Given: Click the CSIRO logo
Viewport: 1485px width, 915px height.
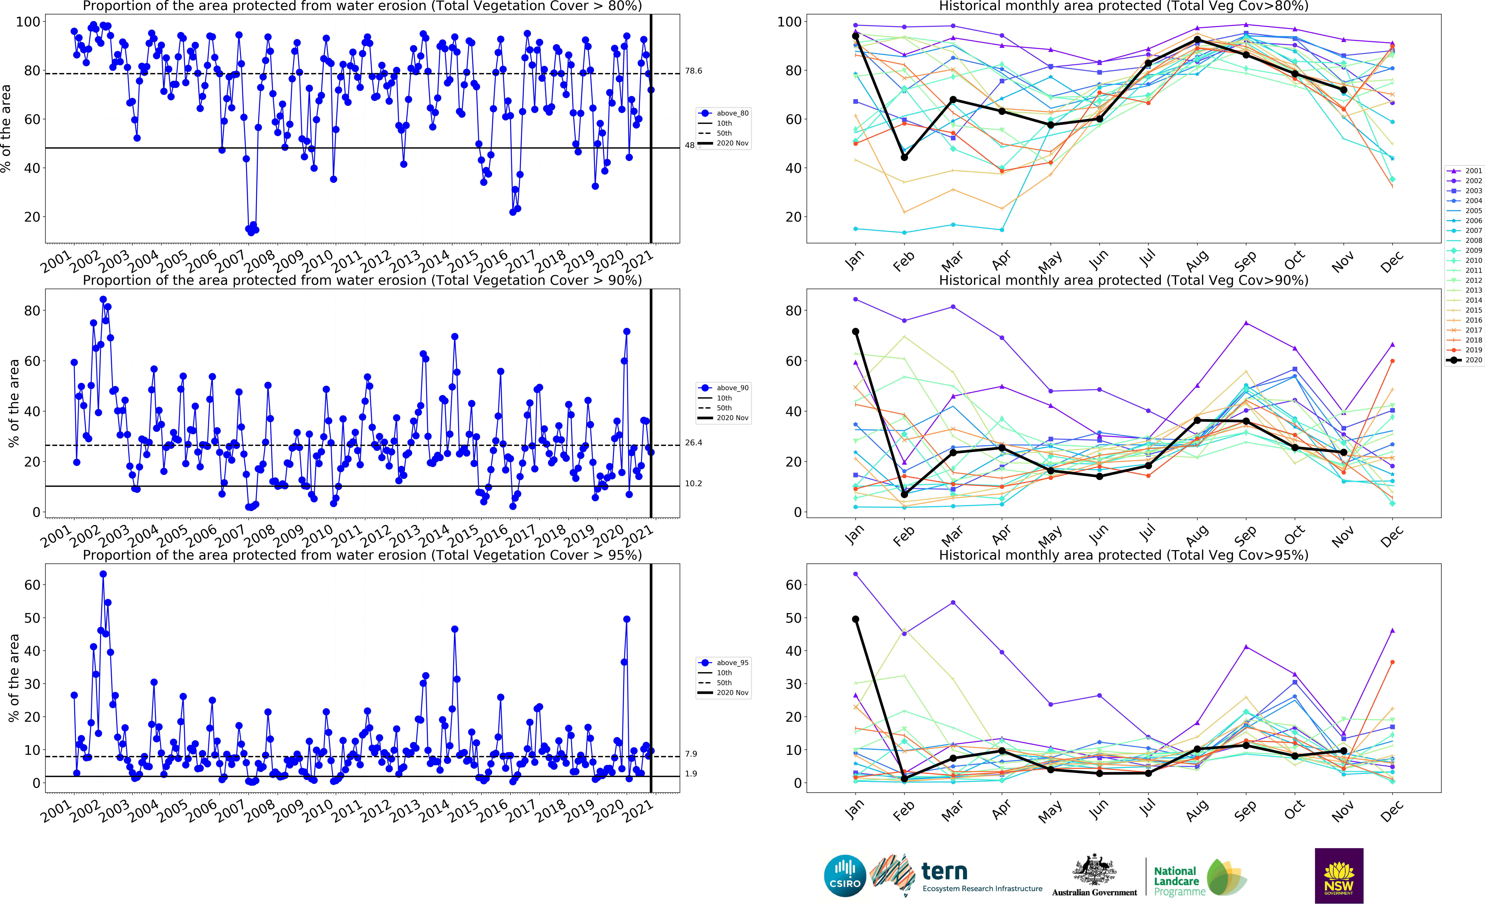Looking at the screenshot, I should tap(845, 876).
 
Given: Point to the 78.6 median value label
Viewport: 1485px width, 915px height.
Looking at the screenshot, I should tap(693, 71).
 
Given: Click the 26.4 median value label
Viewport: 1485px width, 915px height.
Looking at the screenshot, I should tap(693, 443).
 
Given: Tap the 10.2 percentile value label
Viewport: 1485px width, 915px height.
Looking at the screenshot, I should tap(693, 483).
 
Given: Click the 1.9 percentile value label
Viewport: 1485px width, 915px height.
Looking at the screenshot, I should tap(691, 773).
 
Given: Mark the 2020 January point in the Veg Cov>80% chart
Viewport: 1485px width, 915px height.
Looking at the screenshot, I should tap(855, 36).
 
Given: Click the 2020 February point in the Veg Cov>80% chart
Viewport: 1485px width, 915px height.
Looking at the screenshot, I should tap(904, 157).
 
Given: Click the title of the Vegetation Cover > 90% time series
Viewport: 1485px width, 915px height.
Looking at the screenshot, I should tap(362, 280).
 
